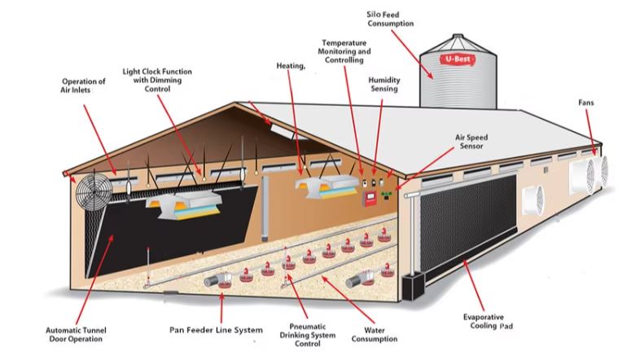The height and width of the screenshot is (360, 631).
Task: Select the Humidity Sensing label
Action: (383, 85)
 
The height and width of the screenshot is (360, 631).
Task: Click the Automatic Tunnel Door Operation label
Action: (78, 335)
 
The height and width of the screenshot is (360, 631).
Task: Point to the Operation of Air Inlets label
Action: (84, 86)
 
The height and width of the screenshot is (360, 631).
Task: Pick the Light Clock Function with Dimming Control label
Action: (158, 79)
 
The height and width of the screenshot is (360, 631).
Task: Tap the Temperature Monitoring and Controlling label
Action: (342, 50)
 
